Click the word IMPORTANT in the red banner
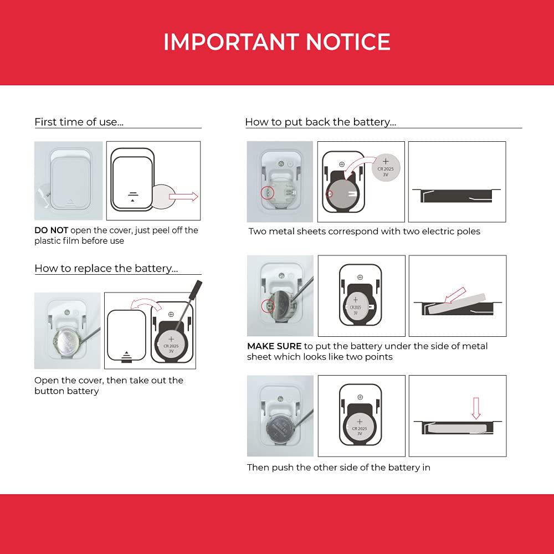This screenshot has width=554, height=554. point(232,42)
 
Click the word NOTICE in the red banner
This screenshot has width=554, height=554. point(348,42)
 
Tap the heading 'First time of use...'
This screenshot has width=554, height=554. point(79,122)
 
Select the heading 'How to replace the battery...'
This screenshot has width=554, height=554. point(106,269)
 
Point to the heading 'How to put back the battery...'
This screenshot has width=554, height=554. point(321,122)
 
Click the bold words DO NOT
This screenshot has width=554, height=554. point(51,230)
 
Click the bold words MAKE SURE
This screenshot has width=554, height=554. point(275,346)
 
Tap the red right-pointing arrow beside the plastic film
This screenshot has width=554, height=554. point(184,197)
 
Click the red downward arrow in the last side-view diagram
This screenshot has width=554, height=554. point(476,408)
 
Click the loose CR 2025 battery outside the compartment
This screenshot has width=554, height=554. point(386,168)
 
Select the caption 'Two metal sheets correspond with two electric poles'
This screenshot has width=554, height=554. point(365,232)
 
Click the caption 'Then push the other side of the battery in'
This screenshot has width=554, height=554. point(338,468)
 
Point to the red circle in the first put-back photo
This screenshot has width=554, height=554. point(268,193)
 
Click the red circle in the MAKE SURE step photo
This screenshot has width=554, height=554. point(268,306)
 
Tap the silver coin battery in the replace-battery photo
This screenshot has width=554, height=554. point(68,342)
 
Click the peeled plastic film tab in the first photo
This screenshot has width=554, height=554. point(44,193)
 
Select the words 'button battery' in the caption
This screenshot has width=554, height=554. point(66,391)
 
